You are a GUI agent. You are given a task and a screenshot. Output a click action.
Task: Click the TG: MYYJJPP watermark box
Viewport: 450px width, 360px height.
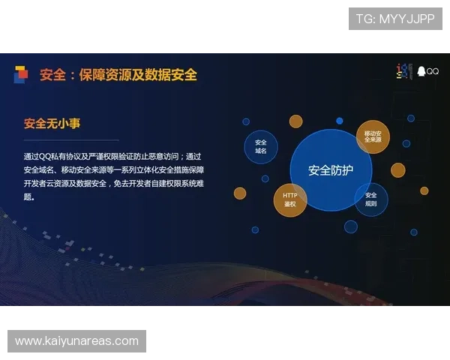pyautogui.click(x=395, y=18)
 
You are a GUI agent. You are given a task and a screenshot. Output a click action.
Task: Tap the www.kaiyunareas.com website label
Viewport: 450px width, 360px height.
pyautogui.click(x=77, y=341)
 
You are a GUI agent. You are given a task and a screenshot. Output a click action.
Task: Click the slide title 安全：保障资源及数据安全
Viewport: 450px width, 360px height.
pyautogui.click(x=118, y=75)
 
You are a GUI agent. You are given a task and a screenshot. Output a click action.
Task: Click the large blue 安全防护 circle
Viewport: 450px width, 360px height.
pyautogui.click(x=330, y=170)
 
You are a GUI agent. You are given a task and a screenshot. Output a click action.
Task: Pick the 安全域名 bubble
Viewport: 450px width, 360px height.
pyautogui.click(x=261, y=146)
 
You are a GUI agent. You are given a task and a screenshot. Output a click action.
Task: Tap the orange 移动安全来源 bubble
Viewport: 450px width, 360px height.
pyautogui.click(x=373, y=136)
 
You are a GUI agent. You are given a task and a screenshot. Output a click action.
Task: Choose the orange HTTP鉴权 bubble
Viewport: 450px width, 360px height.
pyautogui.click(x=289, y=199)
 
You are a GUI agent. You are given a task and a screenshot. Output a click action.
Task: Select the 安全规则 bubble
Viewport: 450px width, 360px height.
pyautogui.click(x=370, y=199)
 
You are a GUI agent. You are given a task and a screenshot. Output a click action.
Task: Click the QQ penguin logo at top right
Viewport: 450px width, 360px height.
pyautogui.click(x=421, y=71)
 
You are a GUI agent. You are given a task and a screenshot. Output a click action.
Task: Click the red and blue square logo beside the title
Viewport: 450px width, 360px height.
pyautogui.click(x=21, y=74)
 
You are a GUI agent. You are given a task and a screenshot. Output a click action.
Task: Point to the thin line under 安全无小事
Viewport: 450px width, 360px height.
pyautogui.click(x=71, y=140)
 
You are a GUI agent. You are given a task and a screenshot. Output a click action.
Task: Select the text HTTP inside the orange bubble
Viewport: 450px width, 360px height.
pyautogui.click(x=289, y=196)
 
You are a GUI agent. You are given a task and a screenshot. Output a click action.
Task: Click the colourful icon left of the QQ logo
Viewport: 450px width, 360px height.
pyautogui.click(x=405, y=71)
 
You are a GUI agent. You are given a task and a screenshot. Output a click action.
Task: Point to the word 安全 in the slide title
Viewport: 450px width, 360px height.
pyautogui.click(x=52, y=75)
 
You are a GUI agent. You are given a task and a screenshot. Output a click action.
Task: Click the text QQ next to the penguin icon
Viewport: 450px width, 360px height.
pyautogui.click(x=433, y=72)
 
